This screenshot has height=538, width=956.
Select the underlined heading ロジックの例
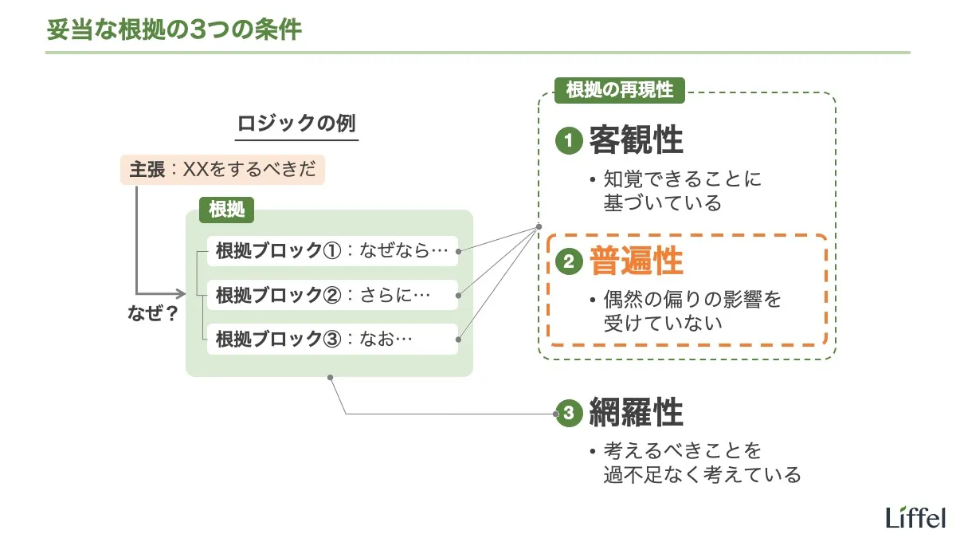pos(297,125)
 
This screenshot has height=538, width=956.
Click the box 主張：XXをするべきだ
pos(223,170)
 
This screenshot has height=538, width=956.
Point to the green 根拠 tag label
pos(226,210)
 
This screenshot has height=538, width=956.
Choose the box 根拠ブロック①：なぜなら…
pos(332,252)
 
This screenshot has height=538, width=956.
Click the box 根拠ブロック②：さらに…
pos(332,296)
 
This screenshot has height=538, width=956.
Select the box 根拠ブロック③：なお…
pos(332,339)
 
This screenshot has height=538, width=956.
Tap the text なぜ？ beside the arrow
pos(152,313)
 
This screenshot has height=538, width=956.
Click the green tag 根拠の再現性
pos(619,89)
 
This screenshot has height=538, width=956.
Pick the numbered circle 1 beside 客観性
pos(568,142)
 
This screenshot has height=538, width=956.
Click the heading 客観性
pos(636,141)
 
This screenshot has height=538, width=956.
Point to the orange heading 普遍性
pos(636,261)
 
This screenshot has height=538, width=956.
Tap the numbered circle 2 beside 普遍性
pos(568,262)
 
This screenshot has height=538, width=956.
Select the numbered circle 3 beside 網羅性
pos(568,414)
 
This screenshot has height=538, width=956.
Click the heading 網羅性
pos(636,413)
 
